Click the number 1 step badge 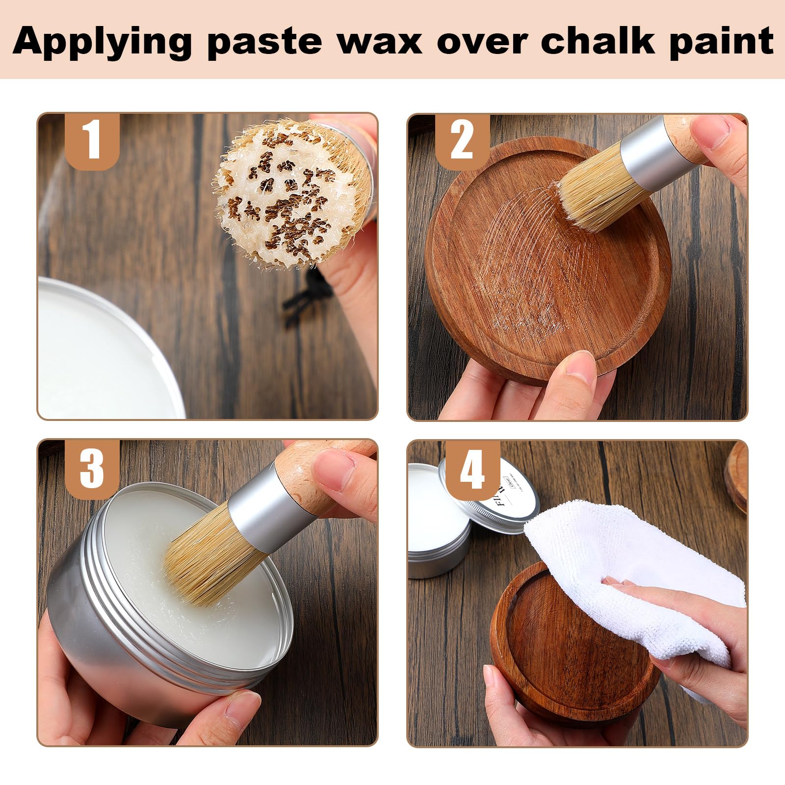(93, 141)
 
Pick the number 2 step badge (462, 141)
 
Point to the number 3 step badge (92, 467)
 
